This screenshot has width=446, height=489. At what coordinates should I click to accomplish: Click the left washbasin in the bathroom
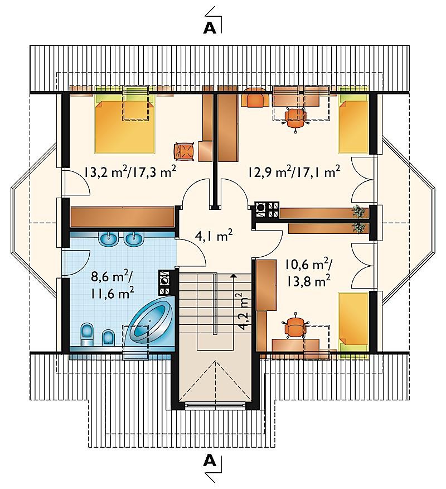(x=109, y=238)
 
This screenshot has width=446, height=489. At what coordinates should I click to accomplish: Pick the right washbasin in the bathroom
(x=134, y=238)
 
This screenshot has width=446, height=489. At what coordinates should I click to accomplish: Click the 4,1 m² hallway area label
(x=214, y=236)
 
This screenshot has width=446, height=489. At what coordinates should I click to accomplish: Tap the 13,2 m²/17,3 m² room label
(x=130, y=172)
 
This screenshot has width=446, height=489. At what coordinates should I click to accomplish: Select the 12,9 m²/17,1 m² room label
(x=294, y=172)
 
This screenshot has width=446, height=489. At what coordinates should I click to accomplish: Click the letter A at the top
(x=210, y=28)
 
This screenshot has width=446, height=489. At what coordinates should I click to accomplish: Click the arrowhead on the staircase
(x=232, y=275)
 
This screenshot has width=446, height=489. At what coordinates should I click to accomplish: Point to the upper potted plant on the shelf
(x=359, y=211)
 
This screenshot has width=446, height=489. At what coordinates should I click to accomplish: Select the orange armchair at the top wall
(x=255, y=97)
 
